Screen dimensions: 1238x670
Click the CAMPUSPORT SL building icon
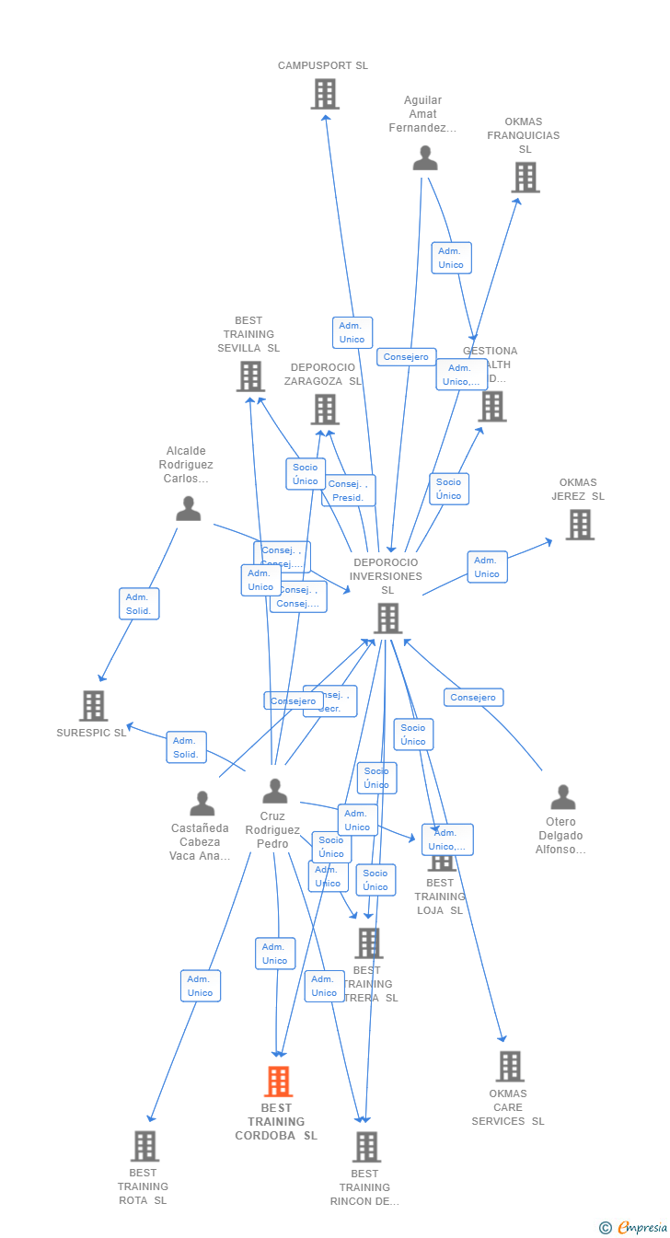(x=324, y=94)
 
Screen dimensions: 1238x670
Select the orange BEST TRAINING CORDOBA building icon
(x=278, y=1082)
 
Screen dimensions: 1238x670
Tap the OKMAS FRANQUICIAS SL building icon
(x=525, y=177)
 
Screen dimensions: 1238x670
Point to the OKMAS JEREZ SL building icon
(x=579, y=525)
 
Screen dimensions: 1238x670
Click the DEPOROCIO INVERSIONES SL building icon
(x=387, y=619)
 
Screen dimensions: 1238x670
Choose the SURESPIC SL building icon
(x=93, y=706)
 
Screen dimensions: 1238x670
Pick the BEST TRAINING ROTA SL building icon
(x=144, y=1146)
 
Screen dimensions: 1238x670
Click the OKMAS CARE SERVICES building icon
(x=509, y=1067)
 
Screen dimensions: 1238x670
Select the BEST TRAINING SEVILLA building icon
(x=250, y=376)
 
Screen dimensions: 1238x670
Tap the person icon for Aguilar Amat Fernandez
(x=424, y=158)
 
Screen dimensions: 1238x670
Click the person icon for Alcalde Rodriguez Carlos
(x=189, y=509)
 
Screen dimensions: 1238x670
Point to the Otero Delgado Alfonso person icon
(x=562, y=797)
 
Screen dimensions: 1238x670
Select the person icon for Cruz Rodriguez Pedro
(x=274, y=791)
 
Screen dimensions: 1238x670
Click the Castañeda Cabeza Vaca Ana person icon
(x=202, y=804)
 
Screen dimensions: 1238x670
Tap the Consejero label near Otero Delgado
(x=473, y=698)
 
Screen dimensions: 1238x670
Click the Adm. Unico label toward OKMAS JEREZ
(x=487, y=567)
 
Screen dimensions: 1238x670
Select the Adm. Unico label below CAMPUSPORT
(x=352, y=332)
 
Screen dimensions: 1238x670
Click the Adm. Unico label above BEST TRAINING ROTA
(x=200, y=986)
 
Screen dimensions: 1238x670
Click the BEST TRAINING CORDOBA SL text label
(x=276, y=1121)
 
